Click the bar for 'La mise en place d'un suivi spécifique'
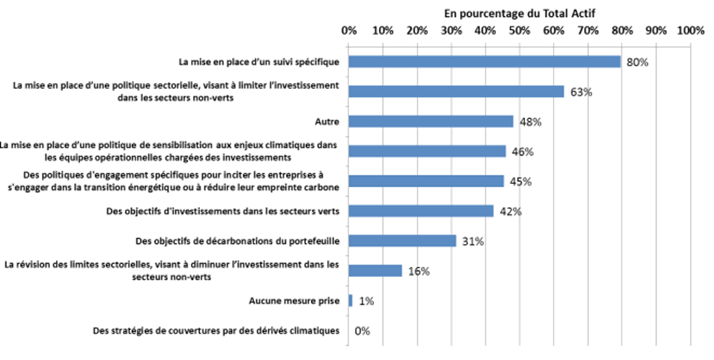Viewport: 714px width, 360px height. (x=484, y=61)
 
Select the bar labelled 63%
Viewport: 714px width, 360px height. (x=456, y=92)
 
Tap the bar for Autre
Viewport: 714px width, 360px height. (x=430, y=121)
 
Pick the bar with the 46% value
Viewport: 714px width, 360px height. (x=427, y=151)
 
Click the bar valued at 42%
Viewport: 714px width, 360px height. (x=420, y=211)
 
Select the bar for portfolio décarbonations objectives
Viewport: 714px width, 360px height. (x=402, y=241)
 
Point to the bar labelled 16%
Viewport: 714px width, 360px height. (x=375, y=270)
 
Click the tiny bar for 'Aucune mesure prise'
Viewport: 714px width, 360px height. (x=351, y=301)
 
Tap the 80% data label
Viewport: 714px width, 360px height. (x=637, y=62)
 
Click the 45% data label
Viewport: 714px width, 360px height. (x=520, y=181)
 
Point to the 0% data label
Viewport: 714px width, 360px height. (x=363, y=331)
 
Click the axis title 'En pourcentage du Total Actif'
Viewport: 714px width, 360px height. (x=520, y=13)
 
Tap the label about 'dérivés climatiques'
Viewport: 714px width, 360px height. (x=214, y=331)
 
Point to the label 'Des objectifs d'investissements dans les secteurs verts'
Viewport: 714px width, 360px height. (x=222, y=211)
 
